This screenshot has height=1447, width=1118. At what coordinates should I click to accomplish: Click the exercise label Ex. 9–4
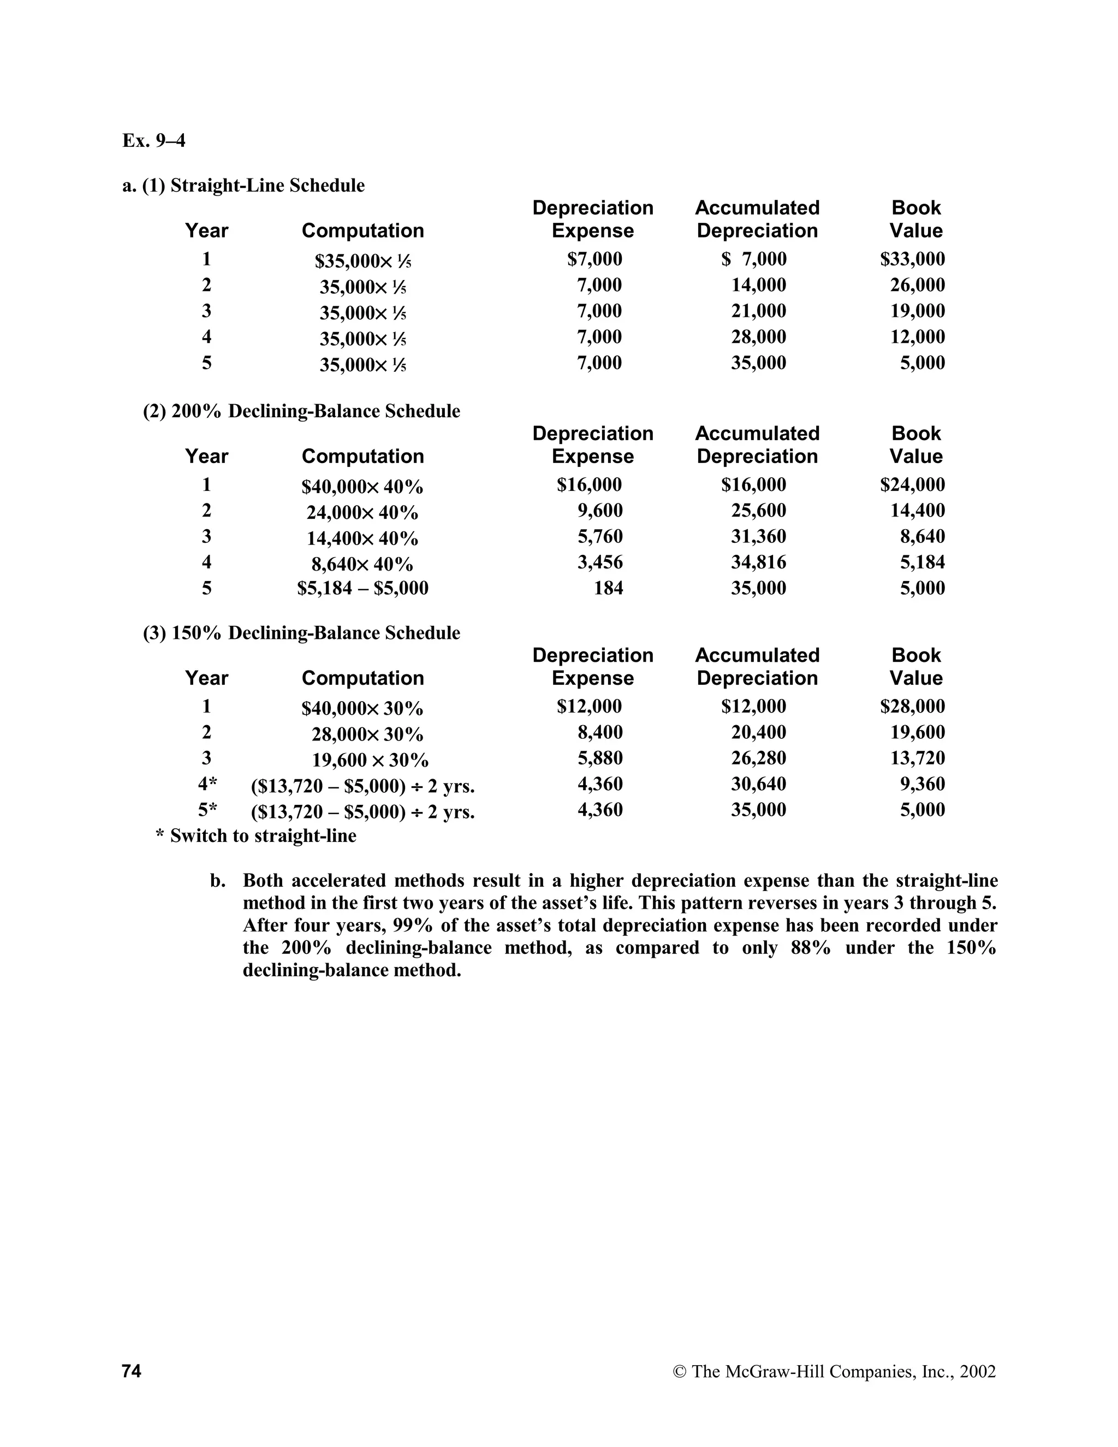153,141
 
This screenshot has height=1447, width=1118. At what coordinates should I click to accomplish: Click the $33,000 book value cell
912,259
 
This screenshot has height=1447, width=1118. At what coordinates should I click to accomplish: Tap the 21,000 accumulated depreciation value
758,311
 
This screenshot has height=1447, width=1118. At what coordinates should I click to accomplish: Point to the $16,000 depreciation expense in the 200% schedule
589,485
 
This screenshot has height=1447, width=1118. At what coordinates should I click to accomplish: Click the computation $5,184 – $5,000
362,588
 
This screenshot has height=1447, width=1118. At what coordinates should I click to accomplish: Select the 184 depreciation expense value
608,588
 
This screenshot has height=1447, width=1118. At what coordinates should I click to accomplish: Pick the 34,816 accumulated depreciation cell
758,562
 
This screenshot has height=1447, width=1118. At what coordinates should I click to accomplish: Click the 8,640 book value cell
922,537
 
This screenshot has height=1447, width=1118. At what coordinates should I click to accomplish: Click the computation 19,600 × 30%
370,760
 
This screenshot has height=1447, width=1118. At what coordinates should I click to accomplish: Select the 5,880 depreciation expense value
600,758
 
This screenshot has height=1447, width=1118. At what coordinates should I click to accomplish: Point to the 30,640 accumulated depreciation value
758,785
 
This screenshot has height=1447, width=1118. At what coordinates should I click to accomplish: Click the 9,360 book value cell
922,785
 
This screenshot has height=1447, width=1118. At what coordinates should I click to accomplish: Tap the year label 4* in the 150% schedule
207,785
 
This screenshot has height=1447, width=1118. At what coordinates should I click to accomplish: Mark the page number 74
132,1371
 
